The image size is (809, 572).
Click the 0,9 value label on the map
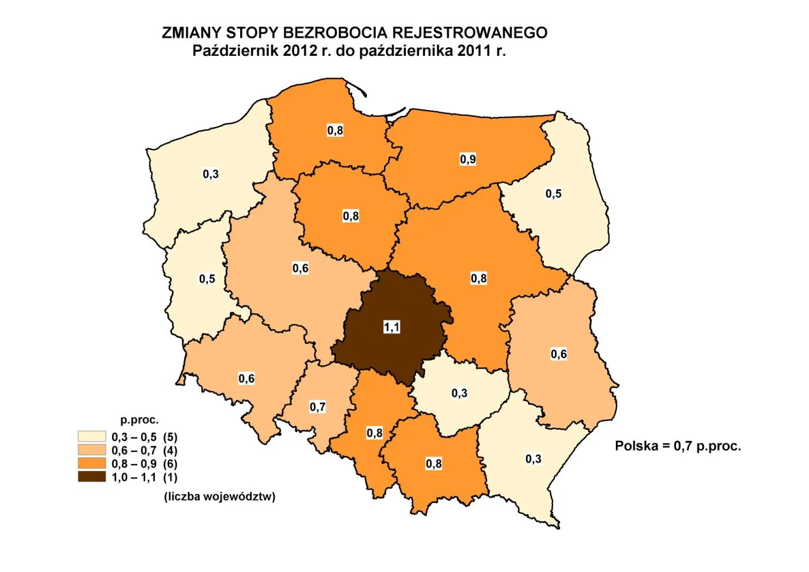click(x=468, y=159)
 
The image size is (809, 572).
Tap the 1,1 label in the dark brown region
click(x=392, y=327)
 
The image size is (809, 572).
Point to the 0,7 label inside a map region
click(x=318, y=407)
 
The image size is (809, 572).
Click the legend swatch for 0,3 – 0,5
click(x=92, y=437)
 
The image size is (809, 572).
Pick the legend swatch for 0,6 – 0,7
click(x=92, y=450)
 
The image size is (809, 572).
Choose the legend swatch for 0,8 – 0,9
click(x=92, y=464)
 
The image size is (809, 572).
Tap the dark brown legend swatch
click(x=92, y=477)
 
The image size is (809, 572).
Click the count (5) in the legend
click(x=170, y=437)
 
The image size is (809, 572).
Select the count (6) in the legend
click(x=170, y=464)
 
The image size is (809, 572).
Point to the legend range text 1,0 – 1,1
click(x=134, y=477)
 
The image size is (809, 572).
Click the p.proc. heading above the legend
click(x=140, y=420)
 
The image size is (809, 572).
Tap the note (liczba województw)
click(x=220, y=496)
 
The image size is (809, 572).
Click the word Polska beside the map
click(x=636, y=446)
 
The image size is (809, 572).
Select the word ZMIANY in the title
click(x=191, y=33)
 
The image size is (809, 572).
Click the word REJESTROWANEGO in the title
click(x=470, y=33)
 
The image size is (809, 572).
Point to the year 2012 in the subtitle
click(x=299, y=51)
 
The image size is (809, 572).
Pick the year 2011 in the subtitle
click(x=474, y=51)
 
